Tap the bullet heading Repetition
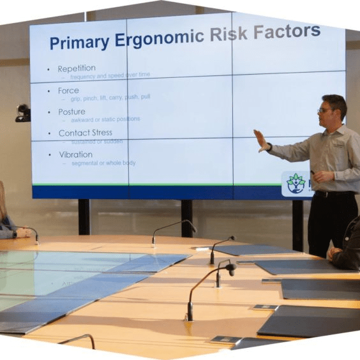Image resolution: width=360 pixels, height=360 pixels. click(x=77, y=68)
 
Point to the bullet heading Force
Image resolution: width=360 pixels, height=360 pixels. click(x=68, y=90)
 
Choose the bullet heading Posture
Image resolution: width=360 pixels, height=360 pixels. click(x=71, y=112)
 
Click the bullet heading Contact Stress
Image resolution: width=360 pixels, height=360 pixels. click(x=86, y=133)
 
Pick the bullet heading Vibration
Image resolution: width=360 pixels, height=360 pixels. click(x=75, y=154)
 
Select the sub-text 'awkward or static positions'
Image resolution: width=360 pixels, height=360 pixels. click(x=105, y=119)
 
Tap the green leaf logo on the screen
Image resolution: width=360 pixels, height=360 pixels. click(x=296, y=183)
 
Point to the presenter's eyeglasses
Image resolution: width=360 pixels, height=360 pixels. click(x=326, y=110)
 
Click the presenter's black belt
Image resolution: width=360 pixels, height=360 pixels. click(x=331, y=194)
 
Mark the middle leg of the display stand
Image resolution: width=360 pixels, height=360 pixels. click(x=186, y=218)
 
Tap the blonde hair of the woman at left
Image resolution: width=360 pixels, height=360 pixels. click(x=3, y=201)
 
